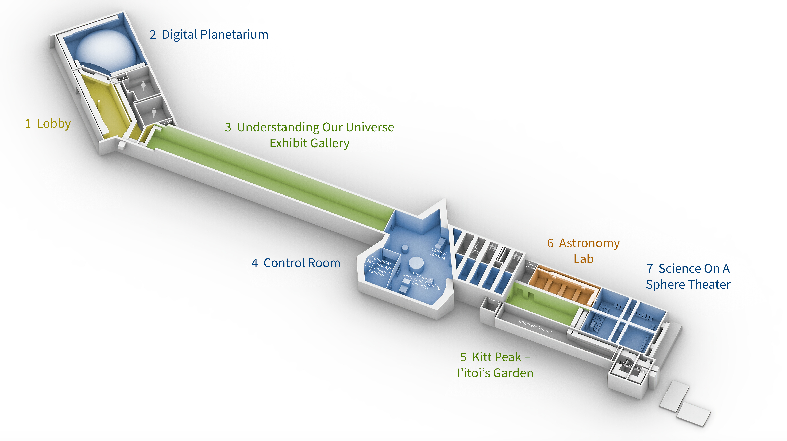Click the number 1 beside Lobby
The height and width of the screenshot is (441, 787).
click(x=28, y=124)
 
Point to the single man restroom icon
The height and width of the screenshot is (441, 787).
click(x=153, y=112)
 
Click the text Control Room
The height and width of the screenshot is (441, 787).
click(x=302, y=263)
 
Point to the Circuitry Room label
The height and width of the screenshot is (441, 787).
click(x=477, y=248)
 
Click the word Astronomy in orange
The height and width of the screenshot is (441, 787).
click(x=589, y=243)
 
